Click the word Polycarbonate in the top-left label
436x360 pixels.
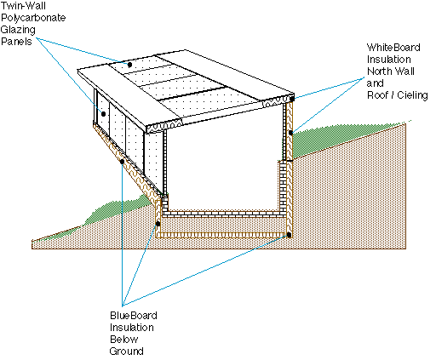tap(33, 18)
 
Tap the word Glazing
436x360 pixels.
tap(18, 30)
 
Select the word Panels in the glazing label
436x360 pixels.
tap(16, 42)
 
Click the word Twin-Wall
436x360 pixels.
tap(23, 6)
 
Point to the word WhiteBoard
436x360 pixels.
tap(393, 48)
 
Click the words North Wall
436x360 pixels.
tap(391, 71)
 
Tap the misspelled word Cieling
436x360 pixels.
tap(412, 95)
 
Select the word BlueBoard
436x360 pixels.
tap(134, 316)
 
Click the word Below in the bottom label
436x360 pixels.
tap(124, 340)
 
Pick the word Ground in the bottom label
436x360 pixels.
tap(126, 351)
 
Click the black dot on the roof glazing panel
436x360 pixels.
tap(129, 65)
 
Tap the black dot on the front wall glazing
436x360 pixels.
tap(103, 114)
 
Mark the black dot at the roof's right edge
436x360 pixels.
tap(292, 99)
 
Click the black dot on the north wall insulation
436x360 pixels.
tap(290, 133)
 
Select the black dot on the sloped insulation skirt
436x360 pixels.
tap(122, 162)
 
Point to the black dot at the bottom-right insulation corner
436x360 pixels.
tap(289, 235)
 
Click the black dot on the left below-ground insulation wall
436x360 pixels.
tap(158, 224)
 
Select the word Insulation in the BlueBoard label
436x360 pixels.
tap(132, 328)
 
